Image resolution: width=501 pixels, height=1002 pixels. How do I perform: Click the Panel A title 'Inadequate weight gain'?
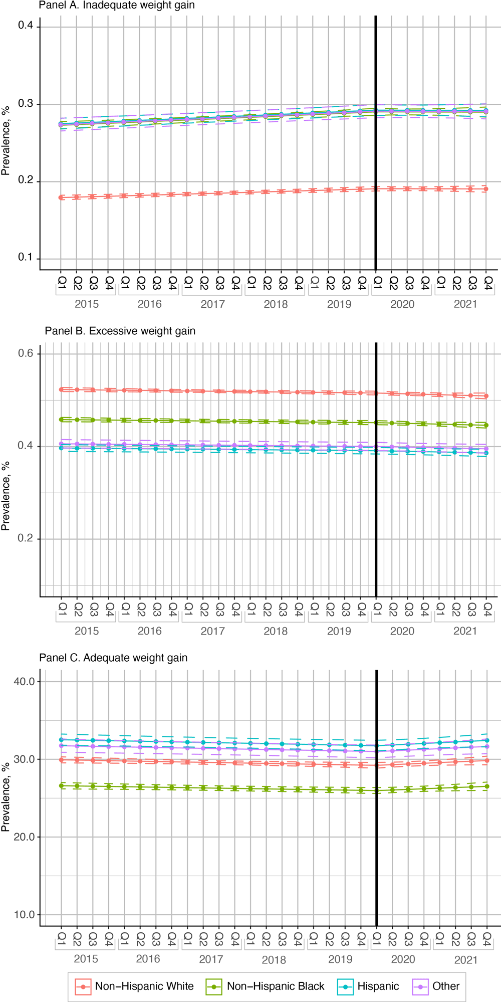(x=139, y=6)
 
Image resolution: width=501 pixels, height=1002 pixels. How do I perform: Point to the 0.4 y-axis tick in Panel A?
(x=26, y=26)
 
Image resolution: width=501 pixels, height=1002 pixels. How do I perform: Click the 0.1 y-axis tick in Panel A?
(x=26, y=258)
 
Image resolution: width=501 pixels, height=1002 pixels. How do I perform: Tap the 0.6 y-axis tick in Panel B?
(x=26, y=353)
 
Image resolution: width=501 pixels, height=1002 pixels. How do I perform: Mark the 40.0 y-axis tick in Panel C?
(x=24, y=682)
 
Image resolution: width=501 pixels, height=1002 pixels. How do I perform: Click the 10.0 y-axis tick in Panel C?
(x=24, y=915)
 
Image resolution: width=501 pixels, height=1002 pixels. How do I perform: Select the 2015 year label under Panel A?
(x=87, y=304)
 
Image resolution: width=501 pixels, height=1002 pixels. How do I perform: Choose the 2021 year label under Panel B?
(x=465, y=631)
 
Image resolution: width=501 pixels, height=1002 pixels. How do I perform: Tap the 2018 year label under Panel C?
(x=274, y=960)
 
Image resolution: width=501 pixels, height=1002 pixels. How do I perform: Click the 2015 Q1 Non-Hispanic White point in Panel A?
(x=61, y=197)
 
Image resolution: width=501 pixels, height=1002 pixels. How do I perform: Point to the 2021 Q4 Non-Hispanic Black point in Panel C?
(x=486, y=786)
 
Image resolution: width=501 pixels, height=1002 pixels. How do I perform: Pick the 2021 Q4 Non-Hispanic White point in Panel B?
(x=486, y=396)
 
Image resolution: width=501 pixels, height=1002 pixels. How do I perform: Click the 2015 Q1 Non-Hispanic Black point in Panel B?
(x=61, y=419)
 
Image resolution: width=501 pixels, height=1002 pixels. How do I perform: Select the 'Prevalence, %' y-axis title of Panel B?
(x=6, y=496)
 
